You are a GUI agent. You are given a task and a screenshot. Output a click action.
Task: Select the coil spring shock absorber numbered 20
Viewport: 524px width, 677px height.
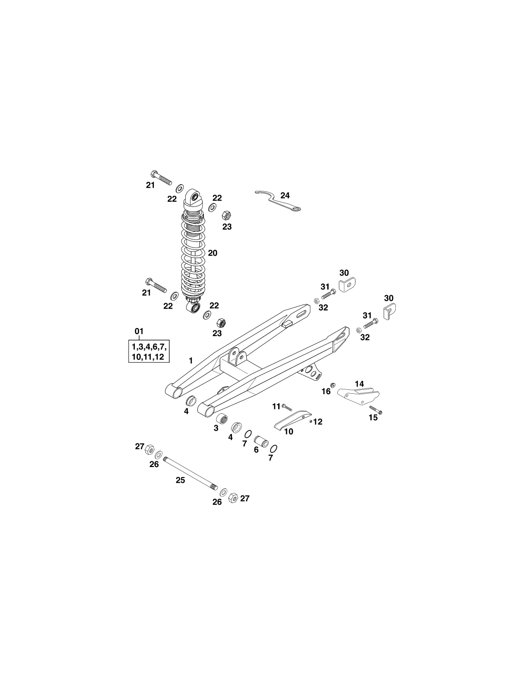(x=193, y=250)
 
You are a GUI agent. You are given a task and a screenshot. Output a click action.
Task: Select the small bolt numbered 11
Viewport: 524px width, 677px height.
(x=286, y=407)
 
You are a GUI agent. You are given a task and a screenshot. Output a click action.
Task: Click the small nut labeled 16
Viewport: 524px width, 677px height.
(x=333, y=385)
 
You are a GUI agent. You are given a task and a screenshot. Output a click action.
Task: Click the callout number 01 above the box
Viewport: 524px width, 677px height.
(x=139, y=331)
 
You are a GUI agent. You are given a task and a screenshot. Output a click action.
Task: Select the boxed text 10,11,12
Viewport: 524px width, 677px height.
(x=148, y=357)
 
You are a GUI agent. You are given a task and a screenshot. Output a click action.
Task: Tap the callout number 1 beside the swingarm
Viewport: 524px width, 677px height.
(x=191, y=361)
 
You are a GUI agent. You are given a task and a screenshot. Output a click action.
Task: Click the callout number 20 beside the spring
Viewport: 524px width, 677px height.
(x=212, y=253)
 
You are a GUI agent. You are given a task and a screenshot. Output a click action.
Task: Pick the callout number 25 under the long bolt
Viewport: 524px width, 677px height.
(x=180, y=480)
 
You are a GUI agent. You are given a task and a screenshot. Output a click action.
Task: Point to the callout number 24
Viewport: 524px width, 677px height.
(x=285, y=195)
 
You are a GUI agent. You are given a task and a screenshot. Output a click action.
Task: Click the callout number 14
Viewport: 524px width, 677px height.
(x=359, y=384)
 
